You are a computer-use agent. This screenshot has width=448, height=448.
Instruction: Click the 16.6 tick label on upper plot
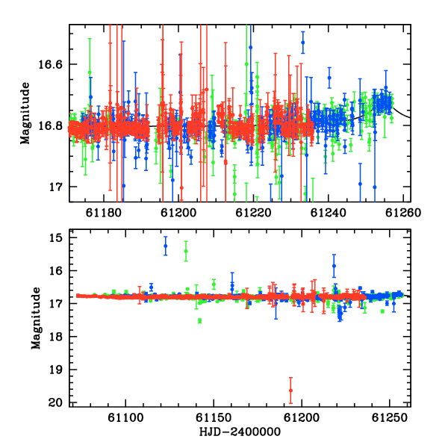click(x=50, y=64)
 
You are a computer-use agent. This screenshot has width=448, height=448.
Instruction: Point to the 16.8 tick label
click(x=50, y=125)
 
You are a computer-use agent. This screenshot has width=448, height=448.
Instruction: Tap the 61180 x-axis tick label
click(x=104, y=213)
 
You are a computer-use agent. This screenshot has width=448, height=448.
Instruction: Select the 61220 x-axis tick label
click(x=253, y=213)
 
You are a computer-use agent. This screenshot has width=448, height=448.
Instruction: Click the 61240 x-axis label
click(x=329, y=213)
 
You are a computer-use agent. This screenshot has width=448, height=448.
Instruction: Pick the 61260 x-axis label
click(x=403, y=213)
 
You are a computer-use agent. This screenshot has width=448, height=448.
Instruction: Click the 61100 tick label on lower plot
click(x=125, y=417)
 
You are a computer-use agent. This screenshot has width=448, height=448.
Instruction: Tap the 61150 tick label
click(x=214, y=417)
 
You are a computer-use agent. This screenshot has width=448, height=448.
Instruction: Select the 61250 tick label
click(x=390, y=417)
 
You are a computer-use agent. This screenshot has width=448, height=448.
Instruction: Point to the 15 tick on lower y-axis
click(x=56, y=237)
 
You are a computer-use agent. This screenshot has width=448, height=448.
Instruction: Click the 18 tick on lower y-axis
click(x=56, y=337)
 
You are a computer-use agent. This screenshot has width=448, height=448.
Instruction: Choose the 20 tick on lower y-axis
click(x=55, y=402)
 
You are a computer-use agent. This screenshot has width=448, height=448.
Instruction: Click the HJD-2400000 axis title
click(x=240, y=432)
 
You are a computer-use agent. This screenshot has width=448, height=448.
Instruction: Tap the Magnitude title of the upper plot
click(x=25, y=113)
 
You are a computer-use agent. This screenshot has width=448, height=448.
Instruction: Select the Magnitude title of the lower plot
click(x=36, y=318)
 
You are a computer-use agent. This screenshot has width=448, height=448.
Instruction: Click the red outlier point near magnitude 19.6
click(x=291, y=391)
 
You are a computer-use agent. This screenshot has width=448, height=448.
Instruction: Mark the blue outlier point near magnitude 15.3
click(x=166, y=246)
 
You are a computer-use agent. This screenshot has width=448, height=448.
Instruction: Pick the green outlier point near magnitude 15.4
click(x=186, y=251)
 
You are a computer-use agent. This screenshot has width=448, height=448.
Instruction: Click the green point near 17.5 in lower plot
click(x=199, y=320)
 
